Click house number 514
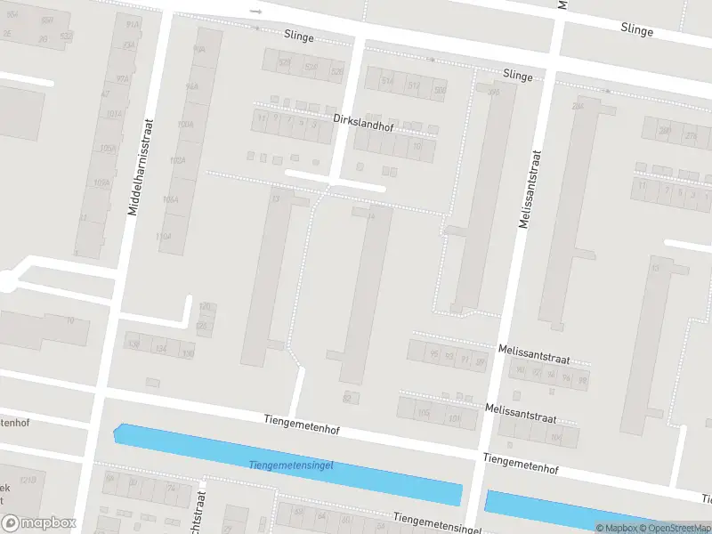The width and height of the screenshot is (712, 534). [x=387, y=82]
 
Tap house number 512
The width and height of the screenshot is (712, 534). [x=414, y=85]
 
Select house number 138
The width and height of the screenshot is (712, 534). [x=134, y=344]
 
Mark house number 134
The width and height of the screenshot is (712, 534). [x=160, y=349]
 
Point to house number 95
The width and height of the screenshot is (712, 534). [x=433, y=353]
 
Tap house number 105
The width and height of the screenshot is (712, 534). [x=424, y=413]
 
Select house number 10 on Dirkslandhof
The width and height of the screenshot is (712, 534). [x=417, y=146]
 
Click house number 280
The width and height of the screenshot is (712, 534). [x=663, y=132]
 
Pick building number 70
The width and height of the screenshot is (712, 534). [x=69, y=320]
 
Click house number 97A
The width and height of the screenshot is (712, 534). [x=112, y=79]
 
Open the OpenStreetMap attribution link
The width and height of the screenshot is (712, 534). [x=676, y=528]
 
